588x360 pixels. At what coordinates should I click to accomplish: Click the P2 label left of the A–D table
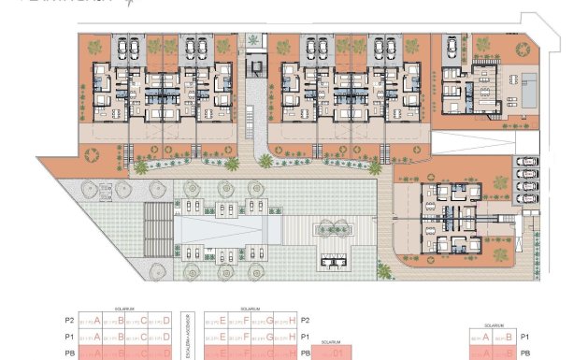69,320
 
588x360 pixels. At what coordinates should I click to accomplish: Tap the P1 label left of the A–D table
69,337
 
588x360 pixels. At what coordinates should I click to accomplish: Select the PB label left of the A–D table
69,353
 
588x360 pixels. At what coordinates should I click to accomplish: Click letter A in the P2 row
96,320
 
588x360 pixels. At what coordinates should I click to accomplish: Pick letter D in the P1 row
167,337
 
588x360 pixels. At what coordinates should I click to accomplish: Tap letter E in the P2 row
222,320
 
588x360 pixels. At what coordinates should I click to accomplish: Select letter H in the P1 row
293,337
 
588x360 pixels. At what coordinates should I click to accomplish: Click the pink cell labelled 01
337,354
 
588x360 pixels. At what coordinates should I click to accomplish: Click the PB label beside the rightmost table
524,353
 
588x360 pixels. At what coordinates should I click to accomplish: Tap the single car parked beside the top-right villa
452,46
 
